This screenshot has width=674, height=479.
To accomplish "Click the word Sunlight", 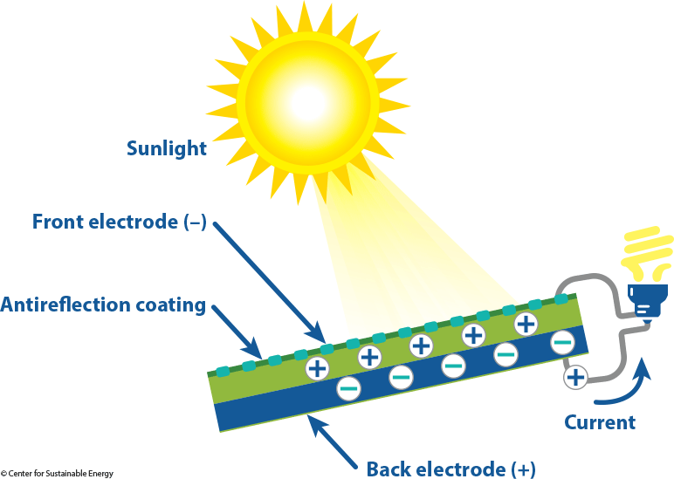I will click(167, 147).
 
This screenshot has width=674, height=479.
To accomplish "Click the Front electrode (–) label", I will click(119, 222).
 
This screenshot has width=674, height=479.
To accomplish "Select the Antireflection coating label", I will click(103, 305).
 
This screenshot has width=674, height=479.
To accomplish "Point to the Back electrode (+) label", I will click(450, 469).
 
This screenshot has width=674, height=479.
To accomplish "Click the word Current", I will click(600, 423).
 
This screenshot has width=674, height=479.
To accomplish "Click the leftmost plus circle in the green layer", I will click(318, 368).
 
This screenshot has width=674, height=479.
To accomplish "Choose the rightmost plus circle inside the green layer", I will click(526, 324).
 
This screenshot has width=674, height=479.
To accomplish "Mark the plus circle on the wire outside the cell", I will click(575, 377).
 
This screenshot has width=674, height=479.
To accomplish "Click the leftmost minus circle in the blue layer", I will click(347, 387).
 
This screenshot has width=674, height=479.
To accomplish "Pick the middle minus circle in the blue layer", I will click(453, 365).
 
